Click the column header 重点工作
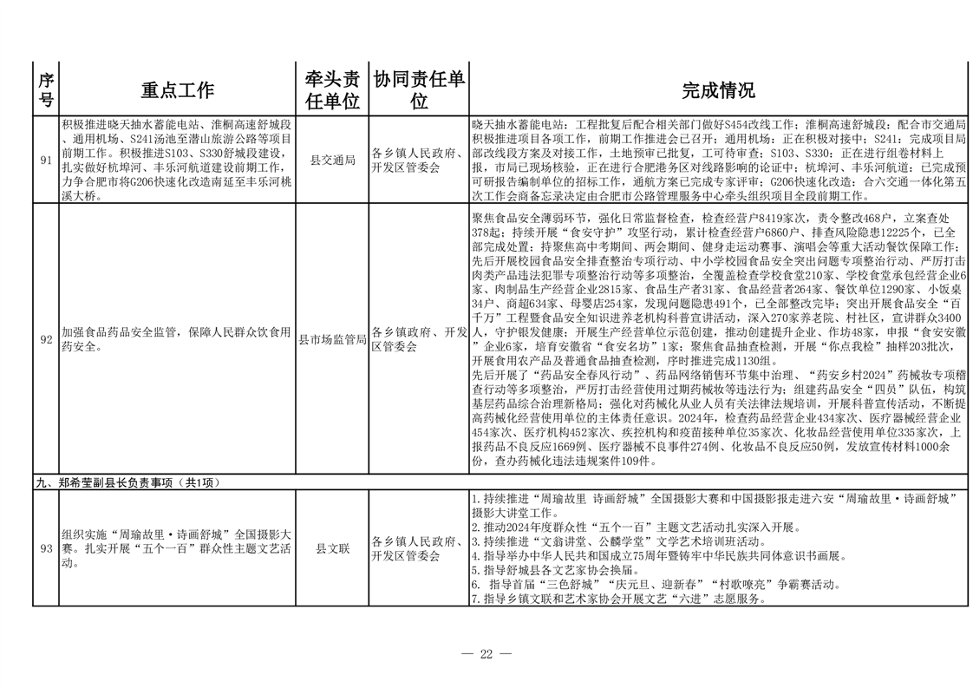pyautogui.click(x=177, y=90)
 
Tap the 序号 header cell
pyautogui.click(x=46, y=90)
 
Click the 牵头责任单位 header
pyautogui.click(x=331, y=90)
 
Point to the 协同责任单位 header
pyautogui.click(x=419, y=90)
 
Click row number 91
pyautogui.click(x=46, y=161)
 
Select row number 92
pyautogui.click(x=46, y=339)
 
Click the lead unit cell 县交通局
pyautogui.click(x=332, y=161)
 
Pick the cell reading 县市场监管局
pyautogui.click(x=332, y=339)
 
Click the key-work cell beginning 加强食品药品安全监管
pyautogui.click(x=176, y=339)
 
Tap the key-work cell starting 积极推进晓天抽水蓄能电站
pyautogui.click(x=176, y=161)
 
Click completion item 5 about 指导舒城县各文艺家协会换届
pyautogui.click(x=564, y=571)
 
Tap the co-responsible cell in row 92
pyautogui.click(x=419, y=339)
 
